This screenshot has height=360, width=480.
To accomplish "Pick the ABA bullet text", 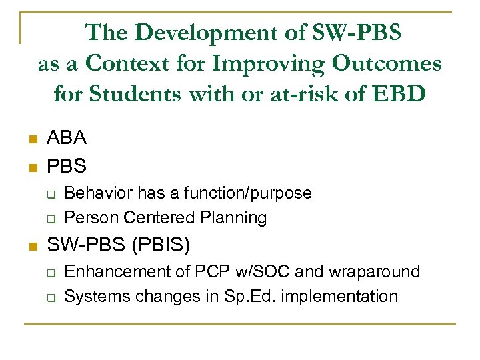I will click(x=66, y=138).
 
